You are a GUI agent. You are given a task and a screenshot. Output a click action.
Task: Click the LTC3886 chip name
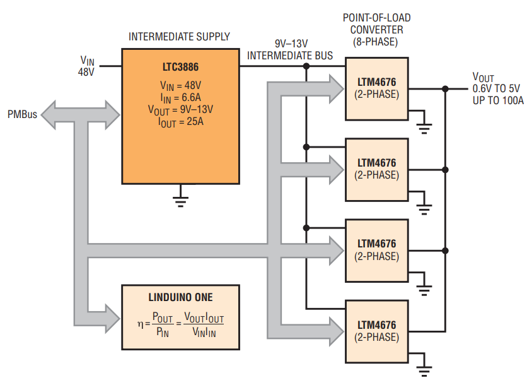point(180,67)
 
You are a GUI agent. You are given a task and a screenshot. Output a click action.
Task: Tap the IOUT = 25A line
point(180,121)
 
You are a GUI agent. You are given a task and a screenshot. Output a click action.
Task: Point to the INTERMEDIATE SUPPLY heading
point(179,37)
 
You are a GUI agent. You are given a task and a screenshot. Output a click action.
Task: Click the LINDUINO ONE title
point(180,297)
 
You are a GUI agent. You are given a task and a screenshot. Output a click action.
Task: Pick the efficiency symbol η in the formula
point(141,323)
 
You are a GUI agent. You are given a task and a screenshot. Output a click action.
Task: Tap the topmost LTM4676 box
point(377,88)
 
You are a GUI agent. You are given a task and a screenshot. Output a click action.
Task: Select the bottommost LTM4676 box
point(377,331)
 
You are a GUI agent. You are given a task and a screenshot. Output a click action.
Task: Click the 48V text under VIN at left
point(86,73)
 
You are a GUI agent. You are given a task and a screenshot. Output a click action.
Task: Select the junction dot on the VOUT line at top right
point(445,88)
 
